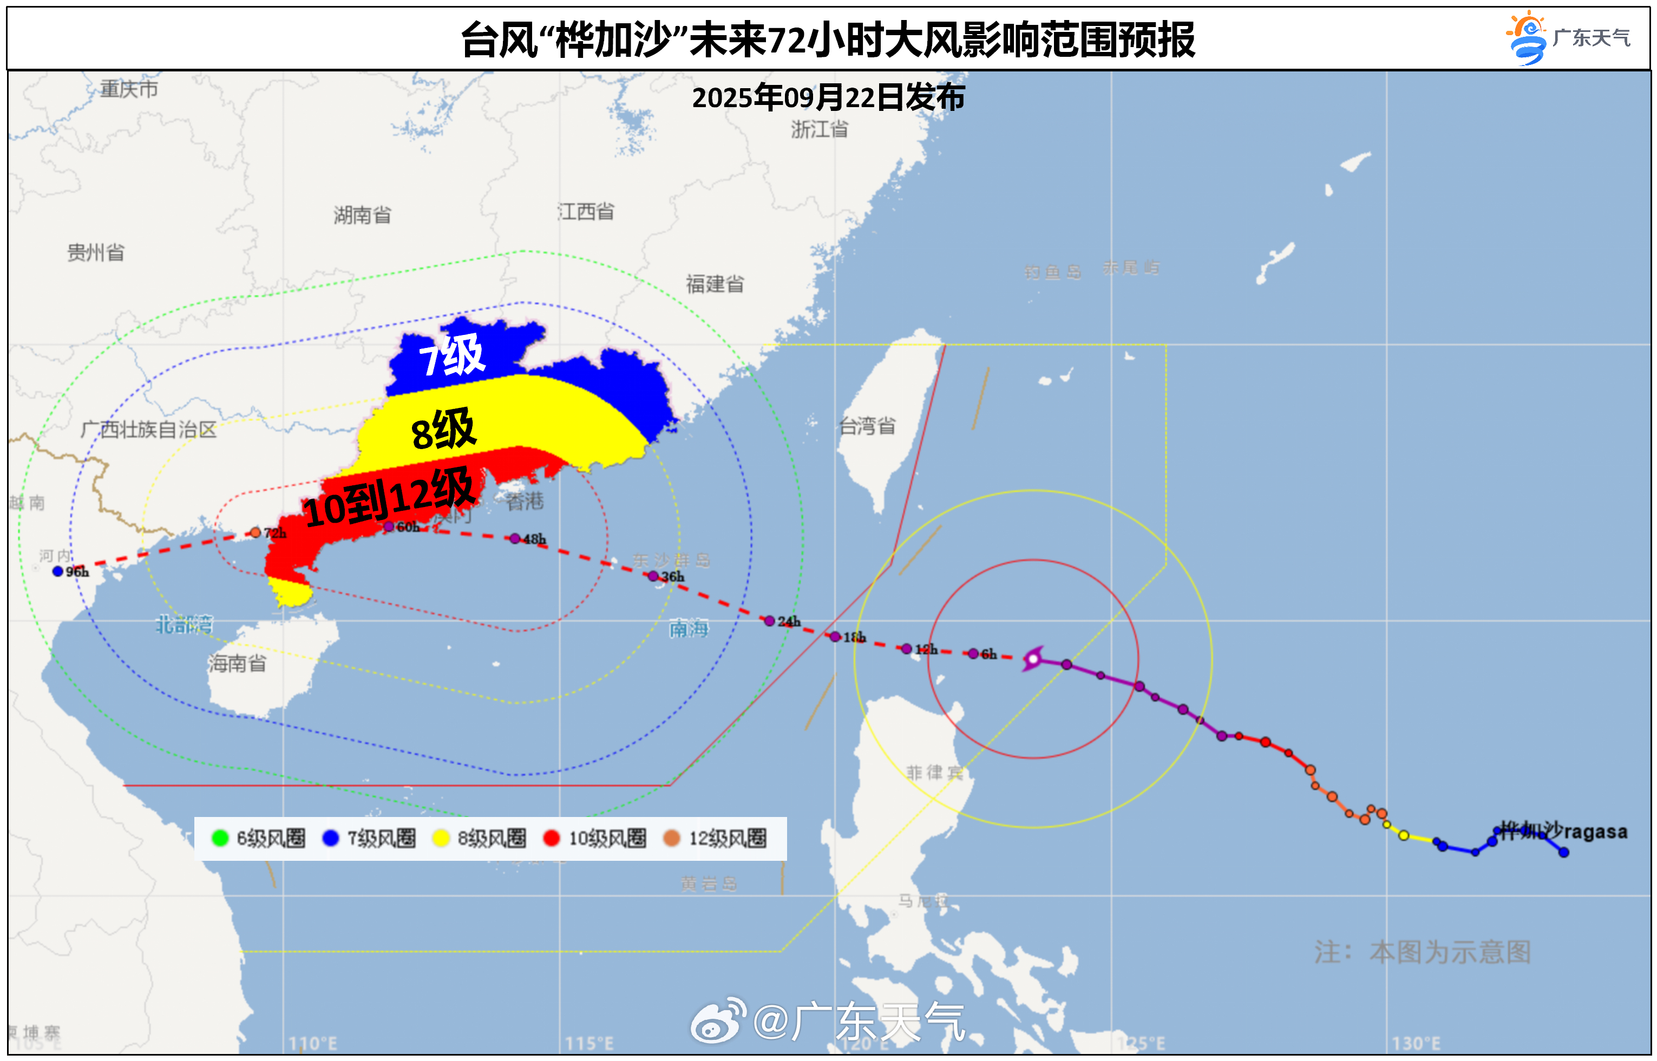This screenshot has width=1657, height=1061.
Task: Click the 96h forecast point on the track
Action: tap(58, 571)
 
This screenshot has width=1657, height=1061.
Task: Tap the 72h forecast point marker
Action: tap(256, 532)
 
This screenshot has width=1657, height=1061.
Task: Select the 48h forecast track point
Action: tap(515, 539)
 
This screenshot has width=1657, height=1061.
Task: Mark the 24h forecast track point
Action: tap(769, 621)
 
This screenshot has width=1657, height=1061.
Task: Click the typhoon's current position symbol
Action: tap(1032, 658)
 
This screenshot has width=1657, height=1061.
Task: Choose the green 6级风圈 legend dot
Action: tap(220, 838)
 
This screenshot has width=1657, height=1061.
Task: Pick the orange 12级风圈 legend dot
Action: tap(671, 838)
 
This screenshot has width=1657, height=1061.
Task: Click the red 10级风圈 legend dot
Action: tap(552, 838)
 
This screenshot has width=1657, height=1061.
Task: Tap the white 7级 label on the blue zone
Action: tap(452, 356)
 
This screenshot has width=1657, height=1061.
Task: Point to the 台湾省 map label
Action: tap(867, 426)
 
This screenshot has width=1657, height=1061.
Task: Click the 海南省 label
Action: tap(237, 663)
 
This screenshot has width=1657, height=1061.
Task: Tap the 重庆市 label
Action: tap(129, 89)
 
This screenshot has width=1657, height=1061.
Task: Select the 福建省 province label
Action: tap(715, 284)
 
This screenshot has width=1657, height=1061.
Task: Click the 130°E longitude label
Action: tap(1416, 1043)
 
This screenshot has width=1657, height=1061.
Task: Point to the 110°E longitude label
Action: tap(312, 1043)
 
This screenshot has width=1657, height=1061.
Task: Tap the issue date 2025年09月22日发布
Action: tap(828, 98)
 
